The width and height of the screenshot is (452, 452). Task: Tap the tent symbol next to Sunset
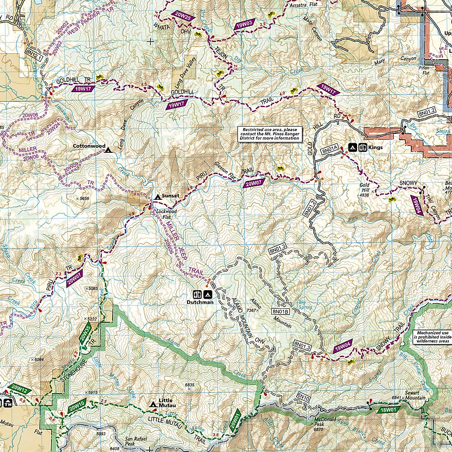(x=157, y=197)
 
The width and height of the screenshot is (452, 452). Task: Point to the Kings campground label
(x=375, y=147)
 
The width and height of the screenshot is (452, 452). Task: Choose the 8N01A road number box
(x=330, y=149)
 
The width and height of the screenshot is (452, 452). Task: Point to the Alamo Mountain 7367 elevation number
(x=252, y=310)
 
